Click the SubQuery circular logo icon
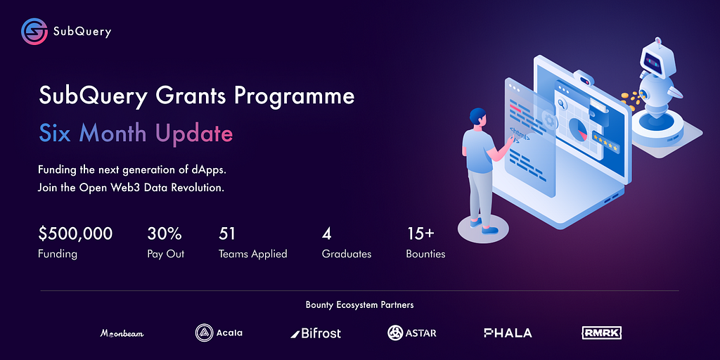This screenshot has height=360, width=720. (x=34, y=31)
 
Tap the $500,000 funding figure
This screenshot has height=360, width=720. (x=75, y=233)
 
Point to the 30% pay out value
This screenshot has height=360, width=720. (x=165, y=233)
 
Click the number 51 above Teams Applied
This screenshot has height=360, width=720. (x=227, y=233)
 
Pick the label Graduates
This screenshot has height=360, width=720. (x=347, y=254)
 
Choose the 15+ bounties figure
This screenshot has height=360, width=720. (x=420, y=233)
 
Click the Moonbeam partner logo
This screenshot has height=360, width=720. (x=122, y=333)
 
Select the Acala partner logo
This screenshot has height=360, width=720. (x=219, y=333)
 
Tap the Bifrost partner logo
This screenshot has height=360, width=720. (x=316, y=333)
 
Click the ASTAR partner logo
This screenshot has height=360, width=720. (x=412, y=333)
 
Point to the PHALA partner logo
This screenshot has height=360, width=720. (x=508, y=333)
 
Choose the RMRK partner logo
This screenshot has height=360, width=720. (x=602, y=333)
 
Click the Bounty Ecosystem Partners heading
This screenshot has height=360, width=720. (x=359, y=305)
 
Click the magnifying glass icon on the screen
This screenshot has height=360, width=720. (x=562, y=105)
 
